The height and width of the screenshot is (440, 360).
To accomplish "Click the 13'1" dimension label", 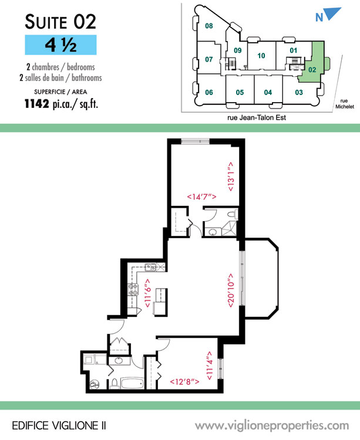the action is click(x=231, y=177).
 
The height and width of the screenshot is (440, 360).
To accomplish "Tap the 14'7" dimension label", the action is click(x=201, y=197).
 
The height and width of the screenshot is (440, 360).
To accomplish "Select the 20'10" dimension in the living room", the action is click(x=231, y=290).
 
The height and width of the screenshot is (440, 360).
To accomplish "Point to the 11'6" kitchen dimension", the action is click(x=147, y=293).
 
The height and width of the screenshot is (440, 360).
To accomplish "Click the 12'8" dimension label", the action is click(x=184, y=382).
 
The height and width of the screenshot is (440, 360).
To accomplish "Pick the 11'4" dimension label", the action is click(x=210, y=366).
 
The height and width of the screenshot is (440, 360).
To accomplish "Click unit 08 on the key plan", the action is click(x=208, y=26).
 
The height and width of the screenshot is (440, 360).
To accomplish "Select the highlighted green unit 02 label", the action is click(x=312, y=70).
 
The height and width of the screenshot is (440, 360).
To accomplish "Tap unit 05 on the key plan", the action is click(x=240, y=92).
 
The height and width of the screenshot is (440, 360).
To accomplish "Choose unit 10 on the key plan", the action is click(x=261, y=56).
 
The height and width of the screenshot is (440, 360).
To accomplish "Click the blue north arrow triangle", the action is click(x=332, y=13).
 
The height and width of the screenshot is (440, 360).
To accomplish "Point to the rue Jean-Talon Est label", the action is click(x=257, y=117).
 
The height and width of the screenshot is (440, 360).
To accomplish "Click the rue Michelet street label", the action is click(x=345, y=104).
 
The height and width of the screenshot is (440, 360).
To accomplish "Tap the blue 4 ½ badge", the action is click(x=60, y=45).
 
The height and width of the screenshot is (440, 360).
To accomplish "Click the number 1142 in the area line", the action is click(x=37, y=103).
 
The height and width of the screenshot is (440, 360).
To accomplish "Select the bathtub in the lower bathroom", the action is click(x=133, y=383).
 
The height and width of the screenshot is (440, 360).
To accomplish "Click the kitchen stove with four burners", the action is click(x=133, y=290).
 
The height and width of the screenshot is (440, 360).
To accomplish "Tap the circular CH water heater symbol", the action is click(x=95, y=385).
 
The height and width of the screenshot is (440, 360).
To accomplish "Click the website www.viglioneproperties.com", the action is click(x=272, y=426).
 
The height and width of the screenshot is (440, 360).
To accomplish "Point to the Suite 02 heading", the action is click(x=60, y=22).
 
